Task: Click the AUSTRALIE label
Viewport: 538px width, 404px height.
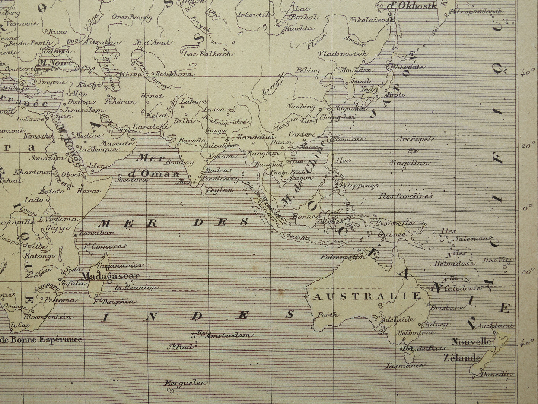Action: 367,297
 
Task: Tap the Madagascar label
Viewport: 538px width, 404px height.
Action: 110,276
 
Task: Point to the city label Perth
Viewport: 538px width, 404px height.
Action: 327,315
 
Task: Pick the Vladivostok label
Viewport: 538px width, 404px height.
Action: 343,54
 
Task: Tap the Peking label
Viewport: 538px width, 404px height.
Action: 308,70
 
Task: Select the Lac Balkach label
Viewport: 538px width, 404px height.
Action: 209,54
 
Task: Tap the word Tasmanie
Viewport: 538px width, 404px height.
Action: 404,366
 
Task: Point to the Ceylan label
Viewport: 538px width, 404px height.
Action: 221,190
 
